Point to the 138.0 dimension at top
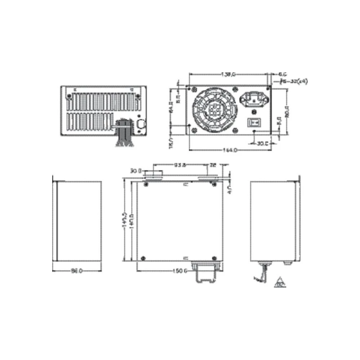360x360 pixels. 228,75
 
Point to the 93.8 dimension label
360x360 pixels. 180,166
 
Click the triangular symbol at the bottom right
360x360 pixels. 279,282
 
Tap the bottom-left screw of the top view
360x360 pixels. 144,257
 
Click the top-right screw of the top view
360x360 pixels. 214,185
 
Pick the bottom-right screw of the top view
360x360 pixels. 214,257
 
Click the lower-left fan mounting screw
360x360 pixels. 195,130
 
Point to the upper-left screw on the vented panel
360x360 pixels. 68,96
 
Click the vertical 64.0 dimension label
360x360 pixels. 172,107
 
